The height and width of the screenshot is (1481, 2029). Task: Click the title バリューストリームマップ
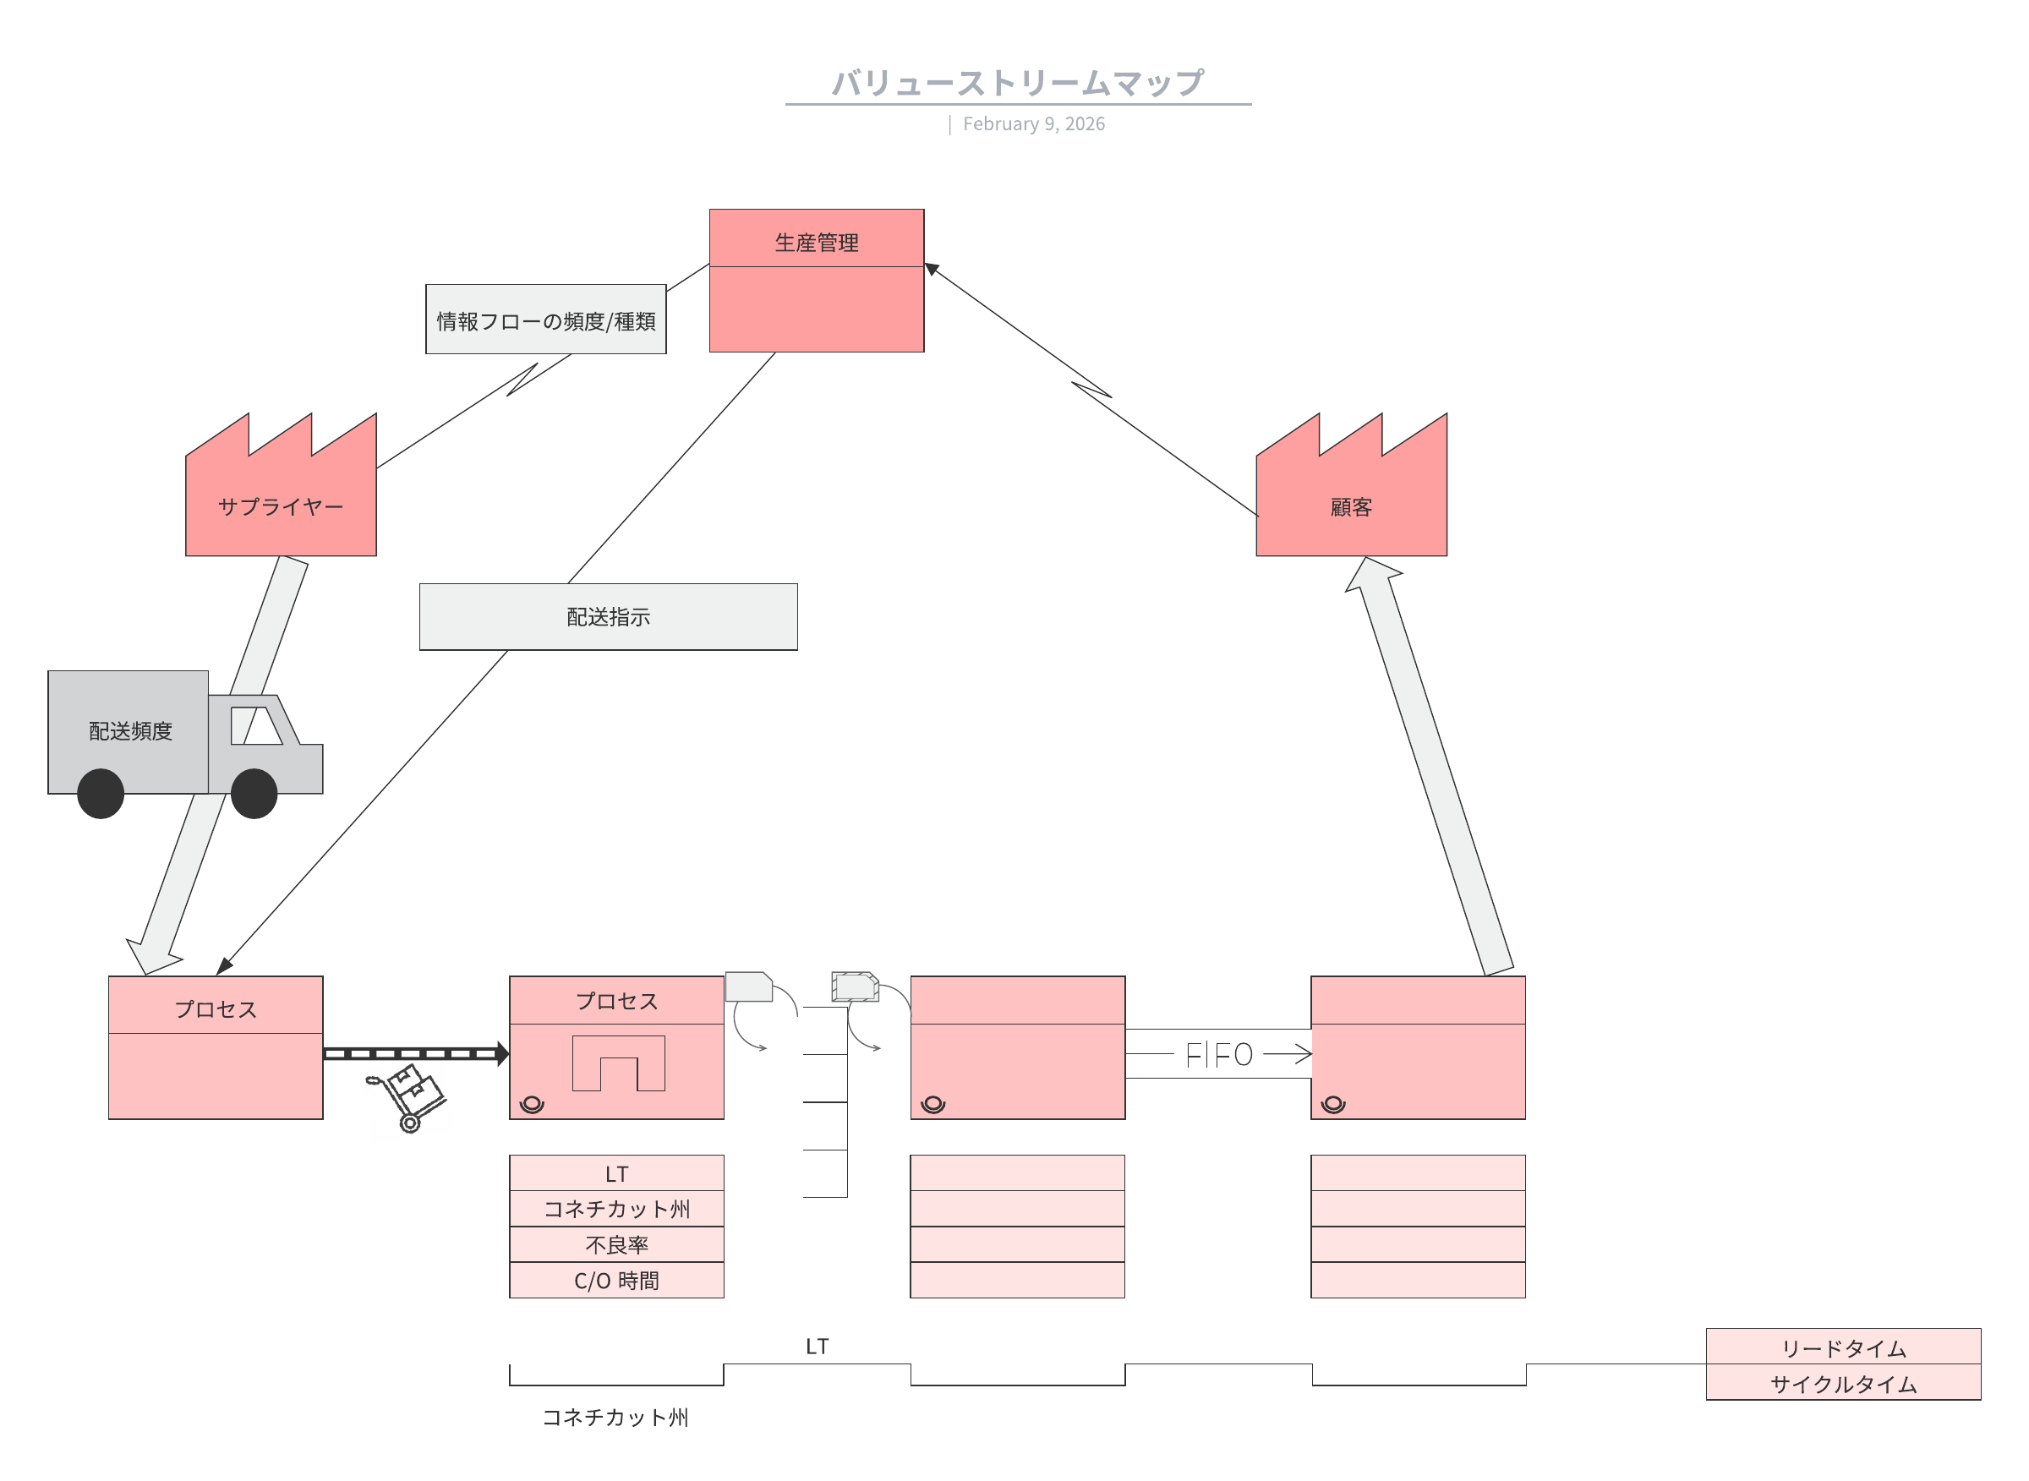click(x=1017, y=83)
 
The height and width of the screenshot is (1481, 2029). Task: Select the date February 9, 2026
click(x=1033, y=123)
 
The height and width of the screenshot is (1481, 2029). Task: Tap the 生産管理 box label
click(x=816, y=242)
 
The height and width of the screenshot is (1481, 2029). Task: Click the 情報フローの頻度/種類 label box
click(x=545, y=320)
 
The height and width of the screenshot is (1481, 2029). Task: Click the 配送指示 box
click(x=608, y=617)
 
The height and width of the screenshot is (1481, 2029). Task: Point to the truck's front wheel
click(x=254, y=794)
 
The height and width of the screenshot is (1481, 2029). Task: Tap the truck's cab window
click(x=256, y=725)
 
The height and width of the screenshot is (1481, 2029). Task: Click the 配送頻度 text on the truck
click(x=130, y=730)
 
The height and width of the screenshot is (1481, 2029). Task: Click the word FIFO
click(x=1218, y=1055)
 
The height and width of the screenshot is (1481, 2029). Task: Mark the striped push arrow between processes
click(x=414, y=1053)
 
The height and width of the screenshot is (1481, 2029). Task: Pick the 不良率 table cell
click(x=616, y=1244)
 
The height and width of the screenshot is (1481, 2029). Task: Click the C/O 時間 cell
click(x=616, y=1280)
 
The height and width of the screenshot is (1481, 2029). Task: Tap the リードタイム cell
click(x=1842, y=1347)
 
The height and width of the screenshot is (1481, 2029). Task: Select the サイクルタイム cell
click(x=1842, y=1383)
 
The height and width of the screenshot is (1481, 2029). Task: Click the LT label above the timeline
click(x=817, y=1347)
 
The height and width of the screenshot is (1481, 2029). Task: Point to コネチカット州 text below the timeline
click(x=615, y=1418)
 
